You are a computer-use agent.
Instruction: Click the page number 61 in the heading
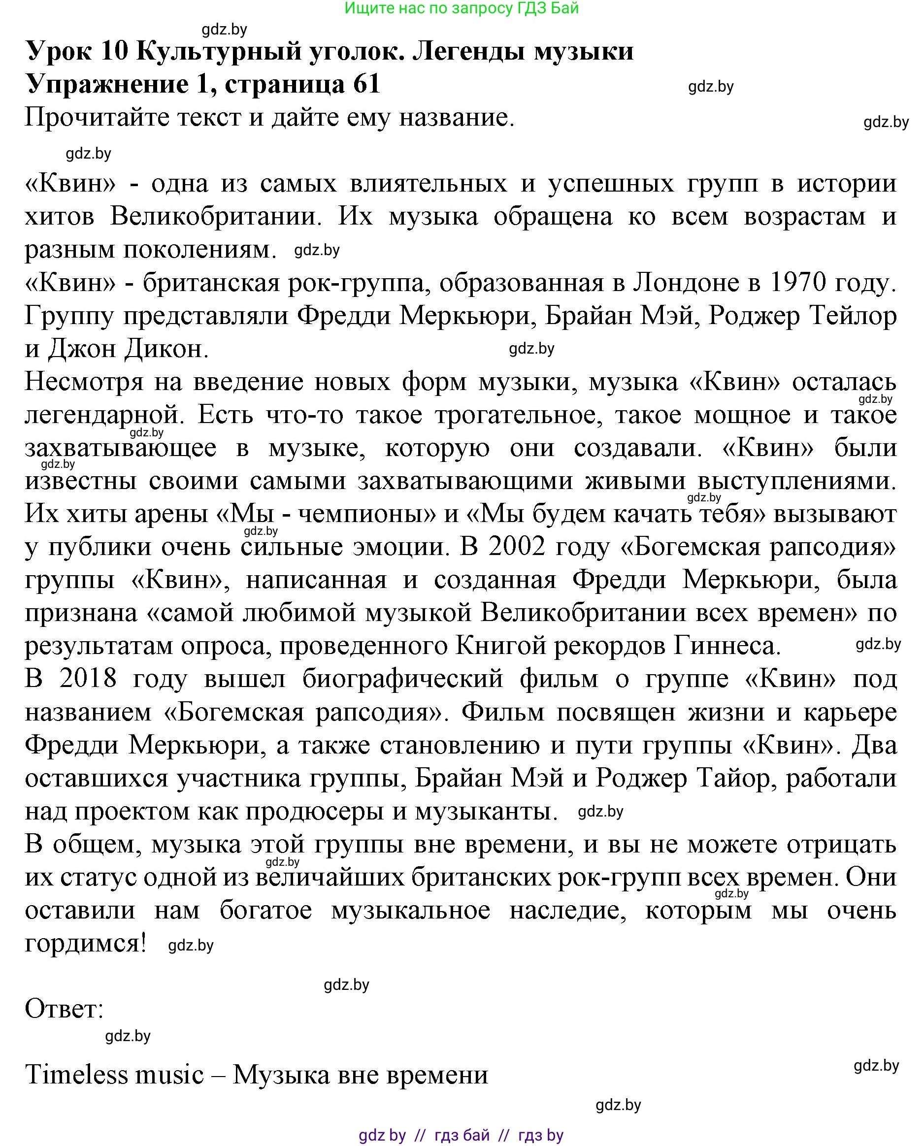click(x=366, y=84)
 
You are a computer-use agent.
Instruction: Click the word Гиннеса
click(x=727, y=646)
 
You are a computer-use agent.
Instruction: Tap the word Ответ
click(x=64, y=1009)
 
